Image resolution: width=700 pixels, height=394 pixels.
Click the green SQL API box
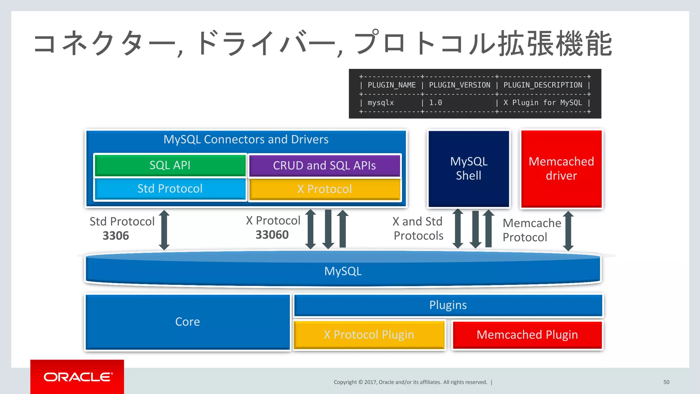[170, 165]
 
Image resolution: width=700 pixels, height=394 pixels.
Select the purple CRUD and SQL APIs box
[324, 166]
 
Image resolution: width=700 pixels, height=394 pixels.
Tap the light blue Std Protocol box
[170, 189]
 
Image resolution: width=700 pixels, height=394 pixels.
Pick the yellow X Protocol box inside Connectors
[324, 189]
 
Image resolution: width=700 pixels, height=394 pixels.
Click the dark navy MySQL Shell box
[469, 168]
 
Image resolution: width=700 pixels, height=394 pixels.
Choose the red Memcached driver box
[561, 168]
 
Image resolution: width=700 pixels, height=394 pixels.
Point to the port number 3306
[116, 236]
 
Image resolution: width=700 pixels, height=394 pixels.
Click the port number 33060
[272, 235]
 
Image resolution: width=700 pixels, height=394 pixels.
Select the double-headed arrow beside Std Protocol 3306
[164, 230]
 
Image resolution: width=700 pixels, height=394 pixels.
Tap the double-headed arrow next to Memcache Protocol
[568, 231]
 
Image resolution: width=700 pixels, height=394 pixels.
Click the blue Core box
[187, 322]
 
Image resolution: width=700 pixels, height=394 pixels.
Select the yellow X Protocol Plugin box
[369, 335]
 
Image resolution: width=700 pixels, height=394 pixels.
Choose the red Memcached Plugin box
[527, 335]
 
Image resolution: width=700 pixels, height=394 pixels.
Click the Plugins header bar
[448, 305]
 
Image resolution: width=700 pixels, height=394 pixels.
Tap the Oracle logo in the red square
[78, 377]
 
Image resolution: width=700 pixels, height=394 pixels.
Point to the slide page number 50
[666, 382]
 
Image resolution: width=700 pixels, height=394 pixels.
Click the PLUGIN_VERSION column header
[459, 85]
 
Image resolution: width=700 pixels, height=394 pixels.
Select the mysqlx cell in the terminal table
[380, 103]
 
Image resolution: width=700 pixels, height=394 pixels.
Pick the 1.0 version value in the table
[435, 103]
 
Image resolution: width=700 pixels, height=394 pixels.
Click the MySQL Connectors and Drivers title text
[246, 139]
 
